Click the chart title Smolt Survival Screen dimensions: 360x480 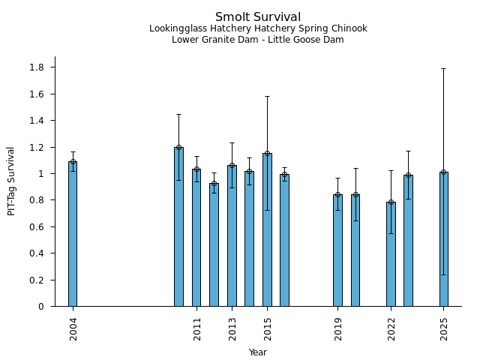pyautogui.click(x=258, y=17)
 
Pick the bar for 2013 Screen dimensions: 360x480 pyautogui.click(x=232, y=235)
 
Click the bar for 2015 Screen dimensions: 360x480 pyautogui.click(x=267, y=229)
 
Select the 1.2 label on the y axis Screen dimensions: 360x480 pyautogui.click(x=37, y=147)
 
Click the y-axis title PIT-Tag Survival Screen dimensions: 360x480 pyautogui.click(x=11, y=181)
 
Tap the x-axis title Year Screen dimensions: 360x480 pyautogui.click(x=258, y=352)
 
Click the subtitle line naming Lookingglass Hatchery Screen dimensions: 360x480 pyautogui.click(x=258, y=29)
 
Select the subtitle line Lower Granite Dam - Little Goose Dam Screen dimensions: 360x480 pyautogui.click(x=258, y=40)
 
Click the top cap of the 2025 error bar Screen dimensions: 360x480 pyautogui.click(x=444, y=69)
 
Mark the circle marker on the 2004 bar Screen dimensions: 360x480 pyautogui.click(x=73, y=162)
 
